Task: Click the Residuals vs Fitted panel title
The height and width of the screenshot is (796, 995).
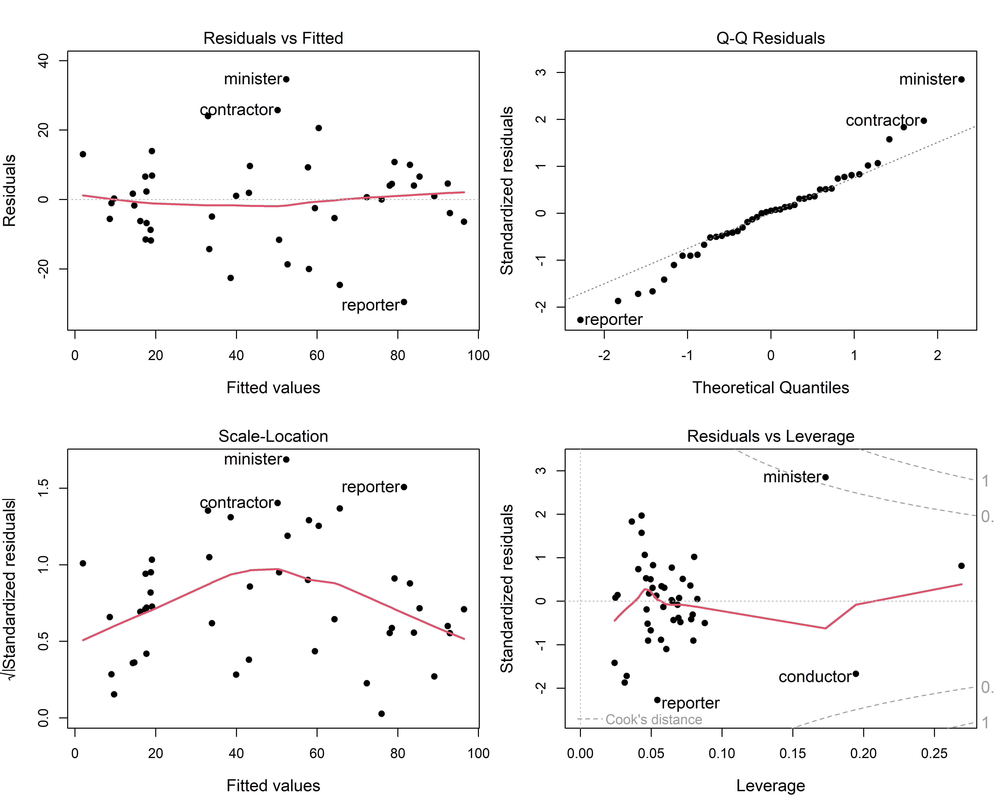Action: tap(273, 38)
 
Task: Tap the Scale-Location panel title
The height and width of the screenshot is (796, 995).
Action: tap(273, 436)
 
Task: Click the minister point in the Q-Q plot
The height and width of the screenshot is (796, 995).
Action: tap(961, 79)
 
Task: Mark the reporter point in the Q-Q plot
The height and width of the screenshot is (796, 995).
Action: tap(580, 320)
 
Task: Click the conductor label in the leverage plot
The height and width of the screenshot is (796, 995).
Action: tap(815, 677)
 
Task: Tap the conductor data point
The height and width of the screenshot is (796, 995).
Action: tap(856, 674)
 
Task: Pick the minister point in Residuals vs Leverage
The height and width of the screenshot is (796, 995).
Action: tap(825, 477)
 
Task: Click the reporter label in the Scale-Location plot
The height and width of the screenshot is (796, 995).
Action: tap(371, 487)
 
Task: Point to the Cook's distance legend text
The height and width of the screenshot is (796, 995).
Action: tap(654, 719)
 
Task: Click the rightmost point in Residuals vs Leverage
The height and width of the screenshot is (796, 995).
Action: tap(961, 566)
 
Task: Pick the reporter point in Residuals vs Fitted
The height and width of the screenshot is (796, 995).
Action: tap(404, 302)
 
